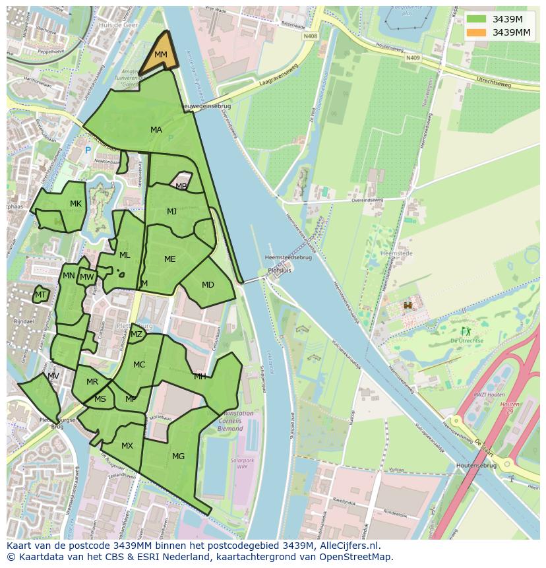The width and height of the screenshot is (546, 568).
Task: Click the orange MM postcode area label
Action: click(160, 55)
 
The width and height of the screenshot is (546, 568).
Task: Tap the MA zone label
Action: click(156, 130)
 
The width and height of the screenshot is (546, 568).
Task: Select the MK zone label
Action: click(76, 204)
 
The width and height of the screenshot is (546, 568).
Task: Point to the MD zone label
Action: click(208, 285)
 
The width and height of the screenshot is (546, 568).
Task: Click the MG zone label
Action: click(178, 456)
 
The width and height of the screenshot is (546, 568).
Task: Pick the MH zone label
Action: click(200, 377)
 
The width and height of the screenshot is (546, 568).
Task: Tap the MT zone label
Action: click(41, 295)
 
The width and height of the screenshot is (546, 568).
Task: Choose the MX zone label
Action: click(127, 446)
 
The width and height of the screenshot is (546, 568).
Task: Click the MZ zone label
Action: click(136, 334)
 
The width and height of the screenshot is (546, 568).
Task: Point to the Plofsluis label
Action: click(280, 270)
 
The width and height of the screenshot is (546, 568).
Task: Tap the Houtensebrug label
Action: click(476, 465)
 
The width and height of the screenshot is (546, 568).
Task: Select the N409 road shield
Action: click(413, 57)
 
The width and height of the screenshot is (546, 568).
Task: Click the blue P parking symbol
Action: click(88, 150)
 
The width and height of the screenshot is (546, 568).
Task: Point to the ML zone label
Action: click(125, 255)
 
